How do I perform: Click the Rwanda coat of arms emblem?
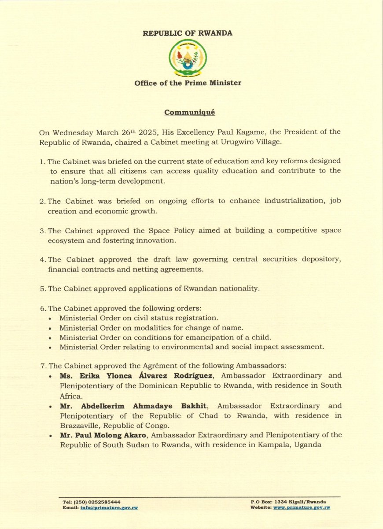click(188, 58)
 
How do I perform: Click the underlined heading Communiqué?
click(189, 112)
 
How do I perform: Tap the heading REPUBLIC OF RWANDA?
click(188, 33)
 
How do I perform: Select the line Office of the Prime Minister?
click(188, 83)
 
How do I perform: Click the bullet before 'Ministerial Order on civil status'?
click(52, 318)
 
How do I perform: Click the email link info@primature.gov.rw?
click(109, 507)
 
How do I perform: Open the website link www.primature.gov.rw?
click(302, 507)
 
